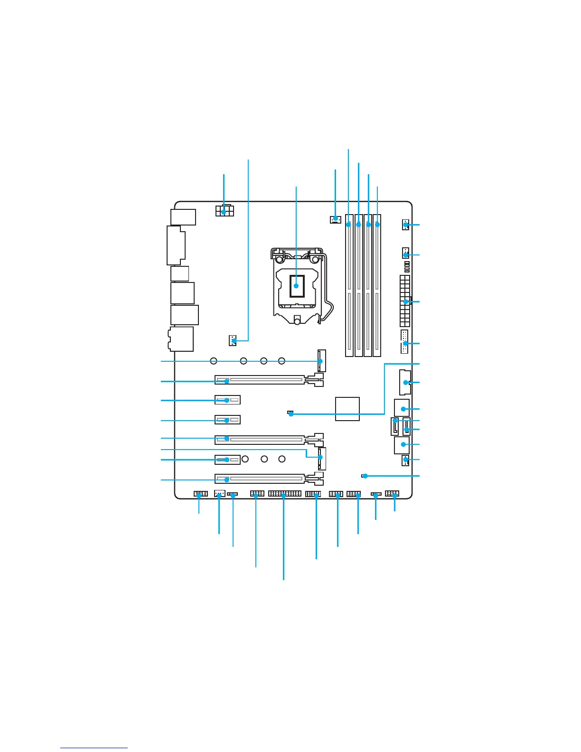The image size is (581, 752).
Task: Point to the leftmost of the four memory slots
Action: point(349,285)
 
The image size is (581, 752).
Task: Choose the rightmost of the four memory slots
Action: point(377,285)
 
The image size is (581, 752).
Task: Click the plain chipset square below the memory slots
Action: point(347,409)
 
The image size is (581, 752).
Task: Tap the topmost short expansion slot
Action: point(227,400)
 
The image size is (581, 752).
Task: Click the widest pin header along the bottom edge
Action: point(284,494)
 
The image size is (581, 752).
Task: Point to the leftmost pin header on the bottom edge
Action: point(200,494)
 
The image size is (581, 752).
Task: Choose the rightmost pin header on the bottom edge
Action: point(392,494)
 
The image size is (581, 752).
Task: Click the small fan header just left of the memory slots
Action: point(335,219)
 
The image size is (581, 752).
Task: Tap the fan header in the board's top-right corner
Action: point(405,224)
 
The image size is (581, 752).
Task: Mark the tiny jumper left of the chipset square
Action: point(290,413)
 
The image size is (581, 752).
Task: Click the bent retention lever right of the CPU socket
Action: point(326,290)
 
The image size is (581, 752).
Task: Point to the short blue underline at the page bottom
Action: point(94,748)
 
